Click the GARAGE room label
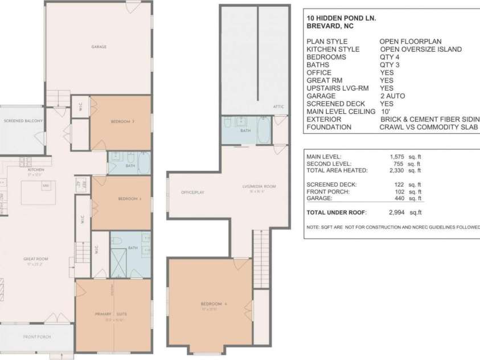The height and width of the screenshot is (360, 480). pyautogui.click(x=99, y=47)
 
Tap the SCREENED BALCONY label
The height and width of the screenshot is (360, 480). pyautogui.click(x=20, y=121)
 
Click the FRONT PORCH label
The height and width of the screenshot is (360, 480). pyautogui.click(x=36, y=337)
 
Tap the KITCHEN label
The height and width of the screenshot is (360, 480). pyautogui.click(x=36, y=170)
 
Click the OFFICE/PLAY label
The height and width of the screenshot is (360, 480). pyautogui.click(x=192, y=193)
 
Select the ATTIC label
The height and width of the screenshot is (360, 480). pyautogui.click(x=278, y=107)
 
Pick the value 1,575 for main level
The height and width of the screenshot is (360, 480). pyautogui.click(x=397, y=157)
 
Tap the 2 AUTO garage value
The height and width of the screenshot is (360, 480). pyautogui.click(x=392, y=96)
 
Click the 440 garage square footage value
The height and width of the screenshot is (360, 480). pyautogui.click(x=399, y=198)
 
